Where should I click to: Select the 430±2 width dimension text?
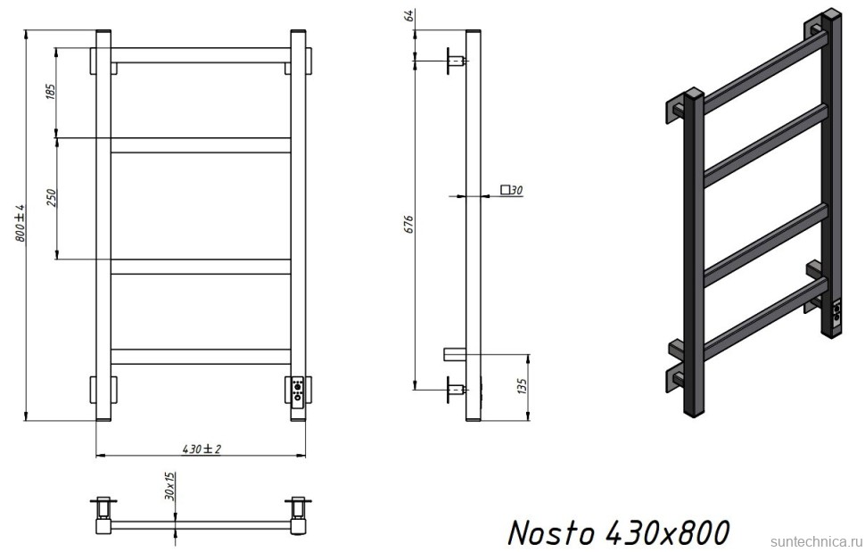(201, 449)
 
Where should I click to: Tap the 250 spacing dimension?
(50, 198)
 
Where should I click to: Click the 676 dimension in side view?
(408, 222)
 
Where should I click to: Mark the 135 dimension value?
(523, 386)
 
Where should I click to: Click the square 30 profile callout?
(511, 189)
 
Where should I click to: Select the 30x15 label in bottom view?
(169, 487)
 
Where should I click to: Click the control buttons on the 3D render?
(836, 312)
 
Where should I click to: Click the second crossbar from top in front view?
(201, 144)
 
